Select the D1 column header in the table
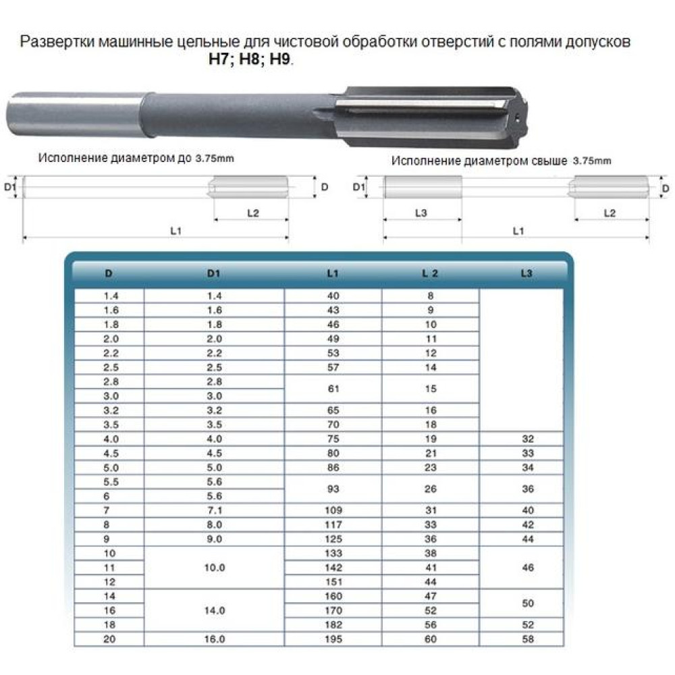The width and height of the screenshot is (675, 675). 214,273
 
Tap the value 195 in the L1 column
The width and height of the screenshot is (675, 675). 333,639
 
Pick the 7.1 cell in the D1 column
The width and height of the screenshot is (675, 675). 214,510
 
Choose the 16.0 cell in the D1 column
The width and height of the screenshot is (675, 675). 214,639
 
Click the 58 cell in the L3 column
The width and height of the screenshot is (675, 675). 527,639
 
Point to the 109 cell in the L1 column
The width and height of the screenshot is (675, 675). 333,510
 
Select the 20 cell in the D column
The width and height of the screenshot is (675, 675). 109,639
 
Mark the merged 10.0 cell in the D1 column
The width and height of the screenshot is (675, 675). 214,568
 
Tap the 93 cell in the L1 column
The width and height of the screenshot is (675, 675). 333,489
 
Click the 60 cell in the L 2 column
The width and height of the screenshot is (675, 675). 431,639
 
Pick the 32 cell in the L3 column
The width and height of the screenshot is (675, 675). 527,438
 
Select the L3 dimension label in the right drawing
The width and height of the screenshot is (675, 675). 421,213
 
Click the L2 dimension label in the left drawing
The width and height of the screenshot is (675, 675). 252,213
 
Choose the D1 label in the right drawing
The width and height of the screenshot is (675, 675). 360,186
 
